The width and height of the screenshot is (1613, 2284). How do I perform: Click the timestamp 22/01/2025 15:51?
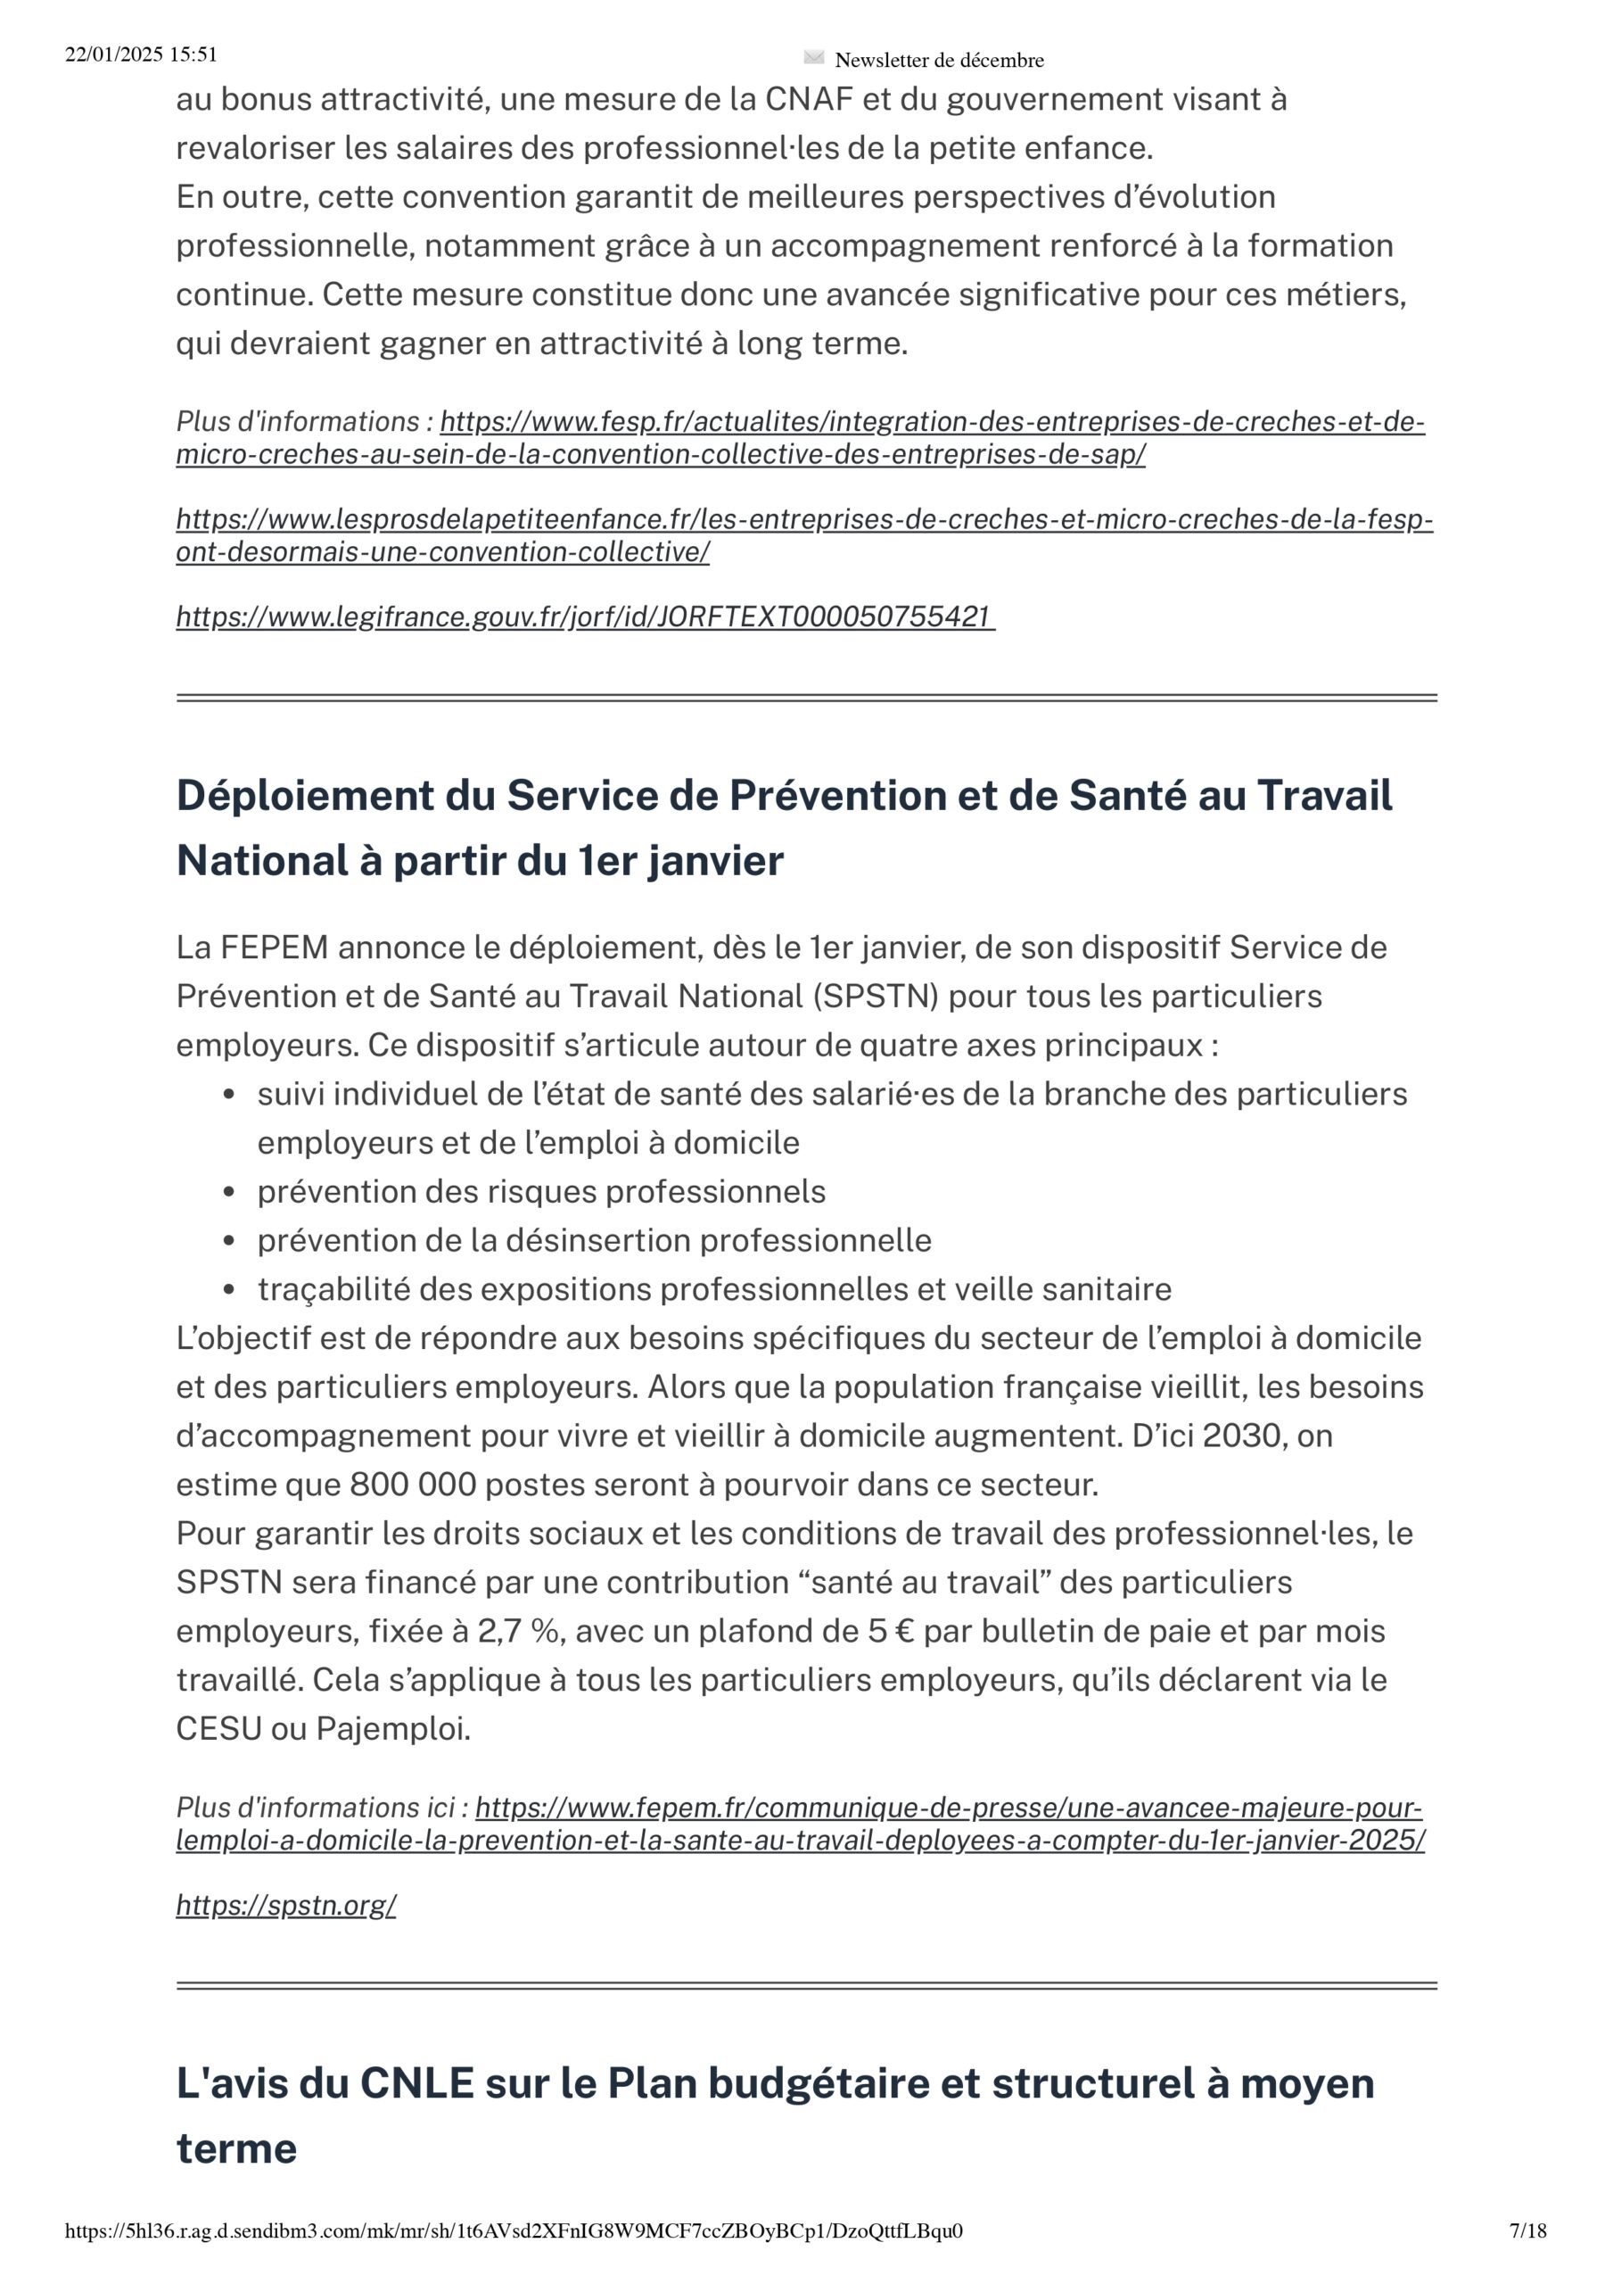click(x=140, y=54)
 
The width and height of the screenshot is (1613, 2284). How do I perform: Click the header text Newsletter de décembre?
click(x=939, y=60)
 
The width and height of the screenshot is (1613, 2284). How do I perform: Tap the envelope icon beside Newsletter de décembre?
click(x=813, y=58)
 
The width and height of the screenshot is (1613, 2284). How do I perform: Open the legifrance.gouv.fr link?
click(x=584, y=617)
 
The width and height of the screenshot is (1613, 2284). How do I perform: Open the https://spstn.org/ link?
click(x=285, y=1904)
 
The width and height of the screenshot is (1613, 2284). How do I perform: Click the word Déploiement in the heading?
click(x=304, y=796)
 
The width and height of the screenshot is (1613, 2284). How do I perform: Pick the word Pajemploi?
click(x=393, y=1728)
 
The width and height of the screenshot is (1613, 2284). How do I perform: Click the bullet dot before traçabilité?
click(x=229, y=1290)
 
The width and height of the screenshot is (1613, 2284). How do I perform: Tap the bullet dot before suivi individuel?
click(x=229, y=1096)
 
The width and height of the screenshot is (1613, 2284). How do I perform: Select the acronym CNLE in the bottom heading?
click(x=416, y=2083)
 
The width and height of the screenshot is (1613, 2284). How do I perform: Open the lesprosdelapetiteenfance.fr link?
click(x=803, y=535)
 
